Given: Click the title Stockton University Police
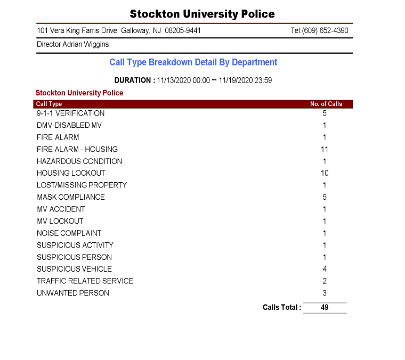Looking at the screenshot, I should click(202, 14).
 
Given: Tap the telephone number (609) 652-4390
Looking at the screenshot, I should click(325, 31).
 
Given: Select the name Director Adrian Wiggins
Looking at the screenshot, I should click(72, 45).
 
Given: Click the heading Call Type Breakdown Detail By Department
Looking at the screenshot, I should click(193, 62).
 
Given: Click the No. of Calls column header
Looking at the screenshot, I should click(326, 104).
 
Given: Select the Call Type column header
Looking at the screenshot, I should click(49, 104).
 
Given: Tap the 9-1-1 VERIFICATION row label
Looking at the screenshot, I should click(70, 113).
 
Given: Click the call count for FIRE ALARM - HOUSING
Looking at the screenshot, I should click(325, 149).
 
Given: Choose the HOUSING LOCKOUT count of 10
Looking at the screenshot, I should click(325, 173).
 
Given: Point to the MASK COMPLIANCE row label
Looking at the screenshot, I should click(70, 197).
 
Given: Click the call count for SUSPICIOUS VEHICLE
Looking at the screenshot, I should click(325, 269).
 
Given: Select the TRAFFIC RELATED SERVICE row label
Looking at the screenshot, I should click(85, 281).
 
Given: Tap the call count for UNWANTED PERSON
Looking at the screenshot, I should click(325, 293).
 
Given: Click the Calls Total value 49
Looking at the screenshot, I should click(325, 307).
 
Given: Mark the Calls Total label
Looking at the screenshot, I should click(281, 307).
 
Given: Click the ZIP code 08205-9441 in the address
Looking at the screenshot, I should click(183, 31).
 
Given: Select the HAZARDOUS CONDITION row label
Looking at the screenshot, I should click(79, 161).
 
